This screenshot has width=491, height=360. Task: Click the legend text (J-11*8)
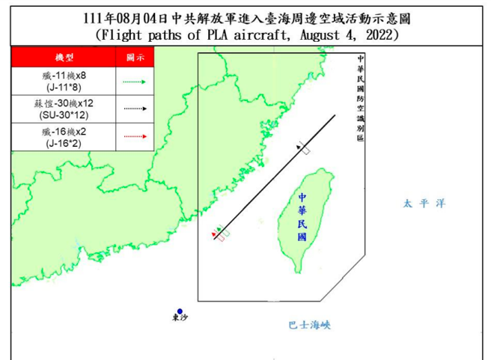tap(63, 86)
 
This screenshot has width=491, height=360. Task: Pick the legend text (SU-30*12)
tap(63, 115)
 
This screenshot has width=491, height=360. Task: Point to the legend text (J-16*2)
tap(63, 142)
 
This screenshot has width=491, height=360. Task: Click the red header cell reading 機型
tap(63, 58)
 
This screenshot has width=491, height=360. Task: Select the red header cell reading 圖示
tap(135, 58)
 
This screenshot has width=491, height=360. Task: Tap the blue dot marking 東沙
tap(180, 311)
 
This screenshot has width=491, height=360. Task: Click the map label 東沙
tap(180, 320)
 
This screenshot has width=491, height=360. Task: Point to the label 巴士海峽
tap(309, 326)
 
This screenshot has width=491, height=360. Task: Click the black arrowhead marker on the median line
tap(302, 148)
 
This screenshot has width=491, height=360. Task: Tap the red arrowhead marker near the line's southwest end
tap(215, 237)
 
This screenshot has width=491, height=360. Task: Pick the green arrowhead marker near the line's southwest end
tap(219, 230)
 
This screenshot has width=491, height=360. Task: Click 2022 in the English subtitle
tap(370, 34)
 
